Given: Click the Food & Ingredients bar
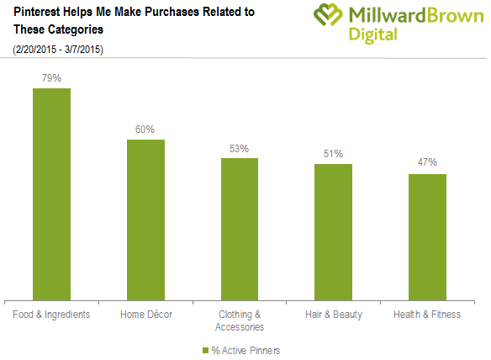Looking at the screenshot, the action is coord(51,194).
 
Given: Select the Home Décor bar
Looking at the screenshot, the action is coord(145,220).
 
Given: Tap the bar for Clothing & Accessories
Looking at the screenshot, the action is coord(240,230).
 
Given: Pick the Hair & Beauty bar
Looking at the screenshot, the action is coord(333,232).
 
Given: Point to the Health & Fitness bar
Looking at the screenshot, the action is coord(427,237).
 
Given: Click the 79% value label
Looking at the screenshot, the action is coord(51,78).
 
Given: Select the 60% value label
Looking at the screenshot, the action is coord(145,130).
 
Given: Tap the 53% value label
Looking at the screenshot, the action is coord(240,149).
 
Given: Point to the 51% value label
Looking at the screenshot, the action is coord(333,154).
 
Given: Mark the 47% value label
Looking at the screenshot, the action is coord(427,162).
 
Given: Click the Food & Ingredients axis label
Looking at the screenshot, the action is coord(51,315).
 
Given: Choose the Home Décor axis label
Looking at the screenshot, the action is coord(146,315).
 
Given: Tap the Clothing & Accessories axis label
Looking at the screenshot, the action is coord(240,320).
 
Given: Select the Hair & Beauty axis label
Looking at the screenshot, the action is coord(334,315).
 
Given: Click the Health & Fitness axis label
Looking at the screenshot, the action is coord(427,315).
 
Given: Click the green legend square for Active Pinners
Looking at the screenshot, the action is coord(205,350).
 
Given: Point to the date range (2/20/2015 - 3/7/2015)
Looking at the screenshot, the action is coord(58,50).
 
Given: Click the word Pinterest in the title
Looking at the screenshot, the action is coord(37,12).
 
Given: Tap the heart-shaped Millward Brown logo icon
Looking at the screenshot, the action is coord(328,14).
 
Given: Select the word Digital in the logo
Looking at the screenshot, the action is coord(373,34).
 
